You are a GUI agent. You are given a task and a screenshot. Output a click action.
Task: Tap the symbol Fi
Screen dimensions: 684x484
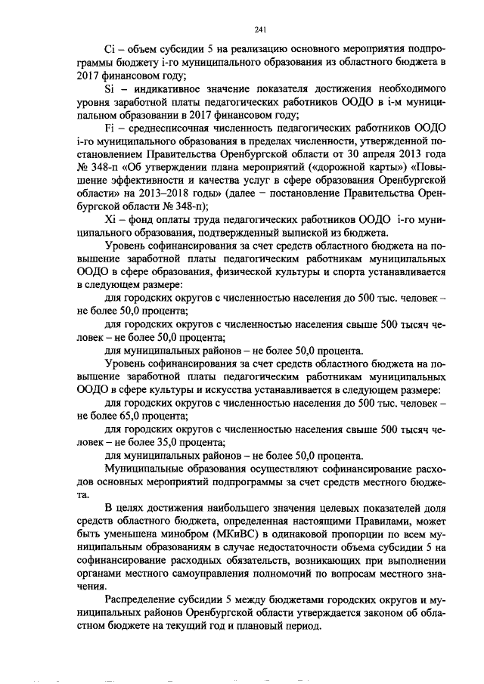click(x=110, y=128)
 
